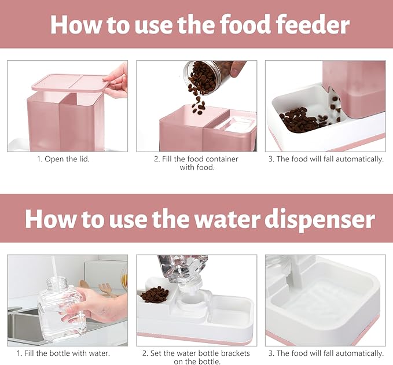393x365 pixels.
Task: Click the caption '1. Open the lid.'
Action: pos(67,159)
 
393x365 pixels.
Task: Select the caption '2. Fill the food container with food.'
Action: pos(196,163)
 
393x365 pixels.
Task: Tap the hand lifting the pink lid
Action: pos(117,79)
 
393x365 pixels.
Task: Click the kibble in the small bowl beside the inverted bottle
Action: pos(155,294)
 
